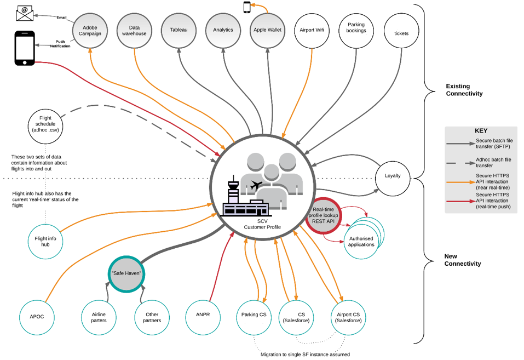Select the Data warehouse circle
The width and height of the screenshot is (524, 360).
pos(134,30)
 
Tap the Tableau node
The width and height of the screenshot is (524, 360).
pos(178,30)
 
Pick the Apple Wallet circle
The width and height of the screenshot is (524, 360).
pos(267,30)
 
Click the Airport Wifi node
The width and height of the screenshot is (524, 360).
pos(312,30)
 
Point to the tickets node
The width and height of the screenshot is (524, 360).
pos(401,33)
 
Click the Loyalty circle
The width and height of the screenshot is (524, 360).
pos(393,176)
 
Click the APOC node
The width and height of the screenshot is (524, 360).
pos(37,317)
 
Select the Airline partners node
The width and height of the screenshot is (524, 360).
pos(94,317)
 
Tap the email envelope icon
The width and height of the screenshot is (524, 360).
pos(25,12)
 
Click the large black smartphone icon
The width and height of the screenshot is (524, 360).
pos(24,48)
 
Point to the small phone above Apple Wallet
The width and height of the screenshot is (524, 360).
pos(247,7)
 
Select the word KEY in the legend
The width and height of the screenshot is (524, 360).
pos(481,131)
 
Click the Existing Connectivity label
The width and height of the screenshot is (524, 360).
pos(464,90)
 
